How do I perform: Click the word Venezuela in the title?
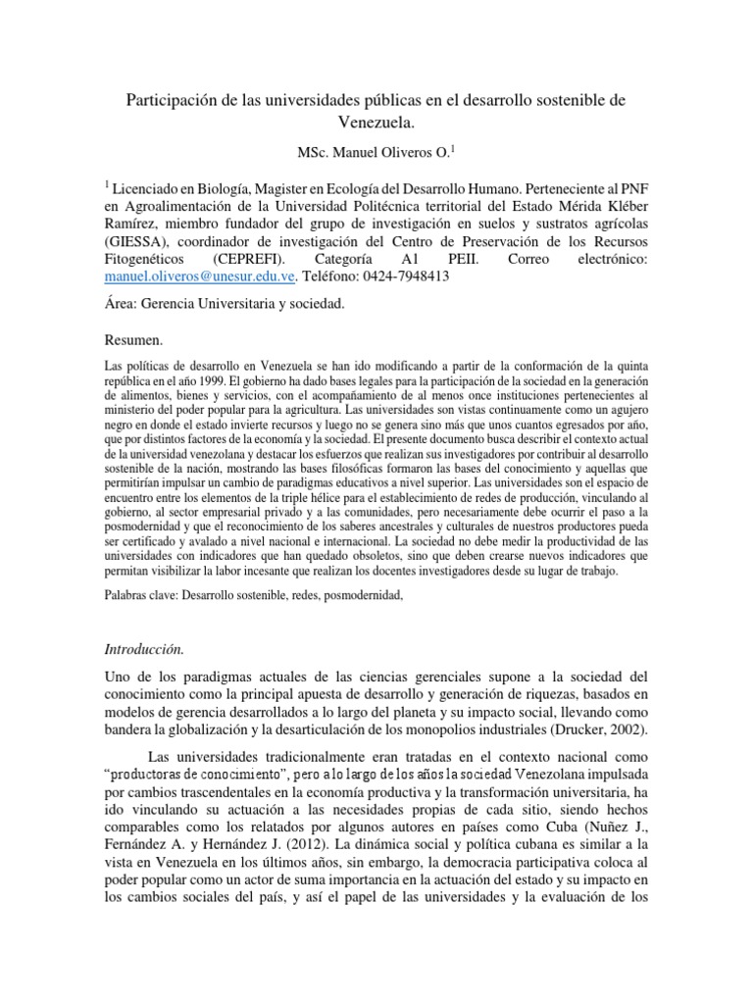coord(376,125)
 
